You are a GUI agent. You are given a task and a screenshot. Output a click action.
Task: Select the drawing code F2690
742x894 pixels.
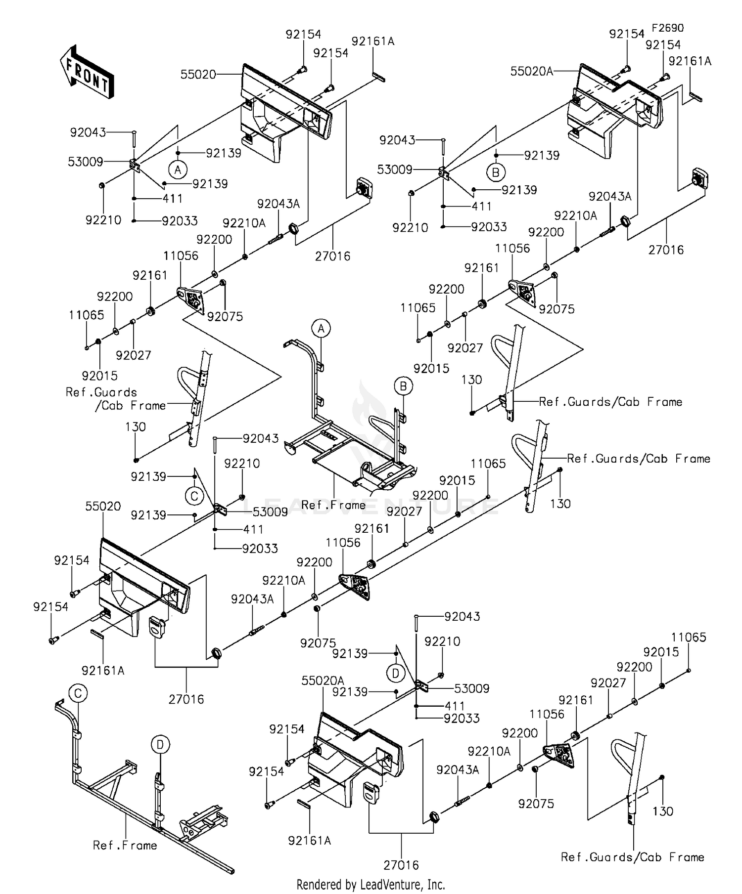667,28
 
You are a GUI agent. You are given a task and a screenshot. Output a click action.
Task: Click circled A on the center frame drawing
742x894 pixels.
321,328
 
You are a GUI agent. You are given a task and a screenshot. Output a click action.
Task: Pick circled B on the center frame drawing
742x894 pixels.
403,386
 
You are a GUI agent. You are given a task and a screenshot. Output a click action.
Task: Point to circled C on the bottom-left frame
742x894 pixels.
78,693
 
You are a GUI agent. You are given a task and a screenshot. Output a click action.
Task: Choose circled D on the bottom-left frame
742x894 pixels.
160,744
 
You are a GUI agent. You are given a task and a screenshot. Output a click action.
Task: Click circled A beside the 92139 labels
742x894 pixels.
178,170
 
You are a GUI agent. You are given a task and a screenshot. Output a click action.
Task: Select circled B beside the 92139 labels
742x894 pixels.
496,172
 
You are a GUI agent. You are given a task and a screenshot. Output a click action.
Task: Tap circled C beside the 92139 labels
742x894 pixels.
194,496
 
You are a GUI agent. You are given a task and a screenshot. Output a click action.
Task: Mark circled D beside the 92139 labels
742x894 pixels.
396,673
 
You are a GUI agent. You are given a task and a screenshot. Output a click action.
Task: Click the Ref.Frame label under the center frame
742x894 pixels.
333,505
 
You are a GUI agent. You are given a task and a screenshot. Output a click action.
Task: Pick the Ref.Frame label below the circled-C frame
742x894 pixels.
125,846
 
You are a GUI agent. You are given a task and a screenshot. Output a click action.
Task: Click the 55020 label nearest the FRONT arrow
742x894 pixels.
198,75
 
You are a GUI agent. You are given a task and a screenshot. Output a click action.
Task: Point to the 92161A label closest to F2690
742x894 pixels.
690,61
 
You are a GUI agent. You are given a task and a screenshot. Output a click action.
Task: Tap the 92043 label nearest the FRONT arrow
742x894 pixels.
88,132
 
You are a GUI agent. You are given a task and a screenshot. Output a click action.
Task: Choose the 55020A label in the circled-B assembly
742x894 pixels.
531,72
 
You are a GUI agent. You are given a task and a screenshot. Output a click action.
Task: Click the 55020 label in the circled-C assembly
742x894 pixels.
103,506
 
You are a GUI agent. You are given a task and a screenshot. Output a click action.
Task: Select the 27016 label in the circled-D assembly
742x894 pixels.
401,865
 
